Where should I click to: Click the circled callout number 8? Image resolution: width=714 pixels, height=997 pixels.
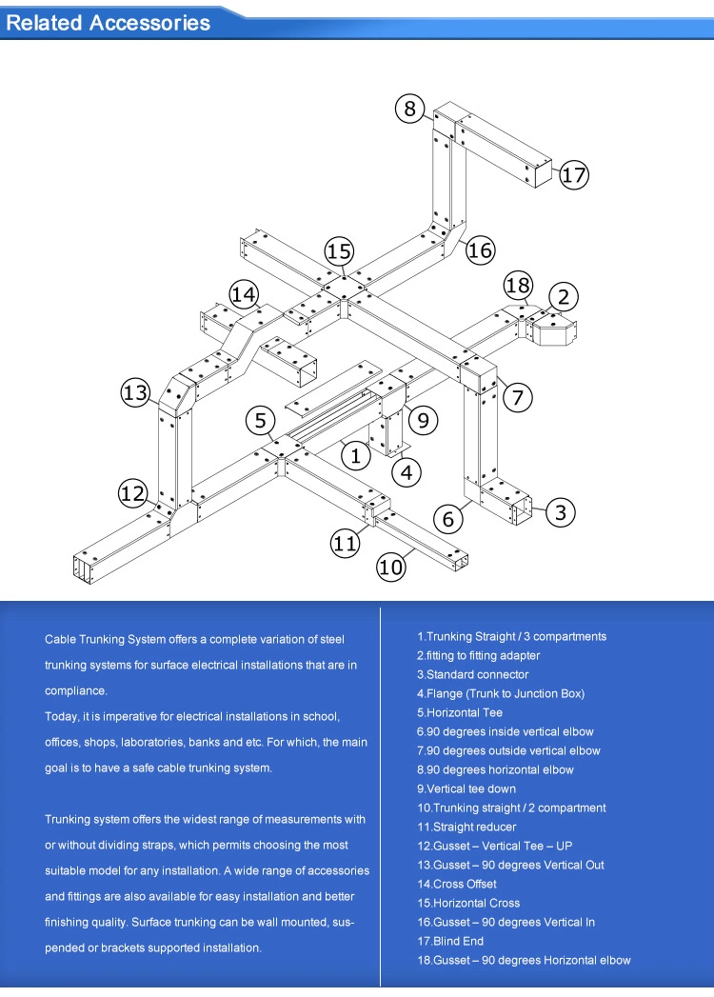point(409,109)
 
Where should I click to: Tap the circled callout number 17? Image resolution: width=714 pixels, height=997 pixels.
point(574,175)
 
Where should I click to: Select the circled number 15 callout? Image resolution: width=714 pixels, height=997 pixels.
point(339,251)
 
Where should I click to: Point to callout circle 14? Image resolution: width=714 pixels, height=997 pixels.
point(244,294)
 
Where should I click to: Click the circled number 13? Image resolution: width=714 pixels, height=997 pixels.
point(136,391)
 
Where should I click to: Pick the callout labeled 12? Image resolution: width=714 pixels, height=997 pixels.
point(133,493)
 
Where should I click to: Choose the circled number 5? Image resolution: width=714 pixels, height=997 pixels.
point(260,419)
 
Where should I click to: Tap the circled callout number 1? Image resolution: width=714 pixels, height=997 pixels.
point(356,455)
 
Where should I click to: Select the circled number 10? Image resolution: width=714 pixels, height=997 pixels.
point(391,568)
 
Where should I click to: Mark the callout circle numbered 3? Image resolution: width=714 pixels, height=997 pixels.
point(561,512)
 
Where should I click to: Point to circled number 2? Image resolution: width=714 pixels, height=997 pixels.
point(564,297)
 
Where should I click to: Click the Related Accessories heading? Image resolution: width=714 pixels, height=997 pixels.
point(108,23)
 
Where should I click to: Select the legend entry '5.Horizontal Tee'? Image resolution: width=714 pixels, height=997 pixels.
point(460,712)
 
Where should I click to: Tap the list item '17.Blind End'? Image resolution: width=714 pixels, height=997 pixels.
point(450,941)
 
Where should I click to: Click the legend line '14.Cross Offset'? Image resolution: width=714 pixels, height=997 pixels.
point(457,884)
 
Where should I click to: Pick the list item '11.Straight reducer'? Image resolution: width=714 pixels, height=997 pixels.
point(466,827)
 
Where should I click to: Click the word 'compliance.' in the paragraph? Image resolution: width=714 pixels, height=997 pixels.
point(76,690)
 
